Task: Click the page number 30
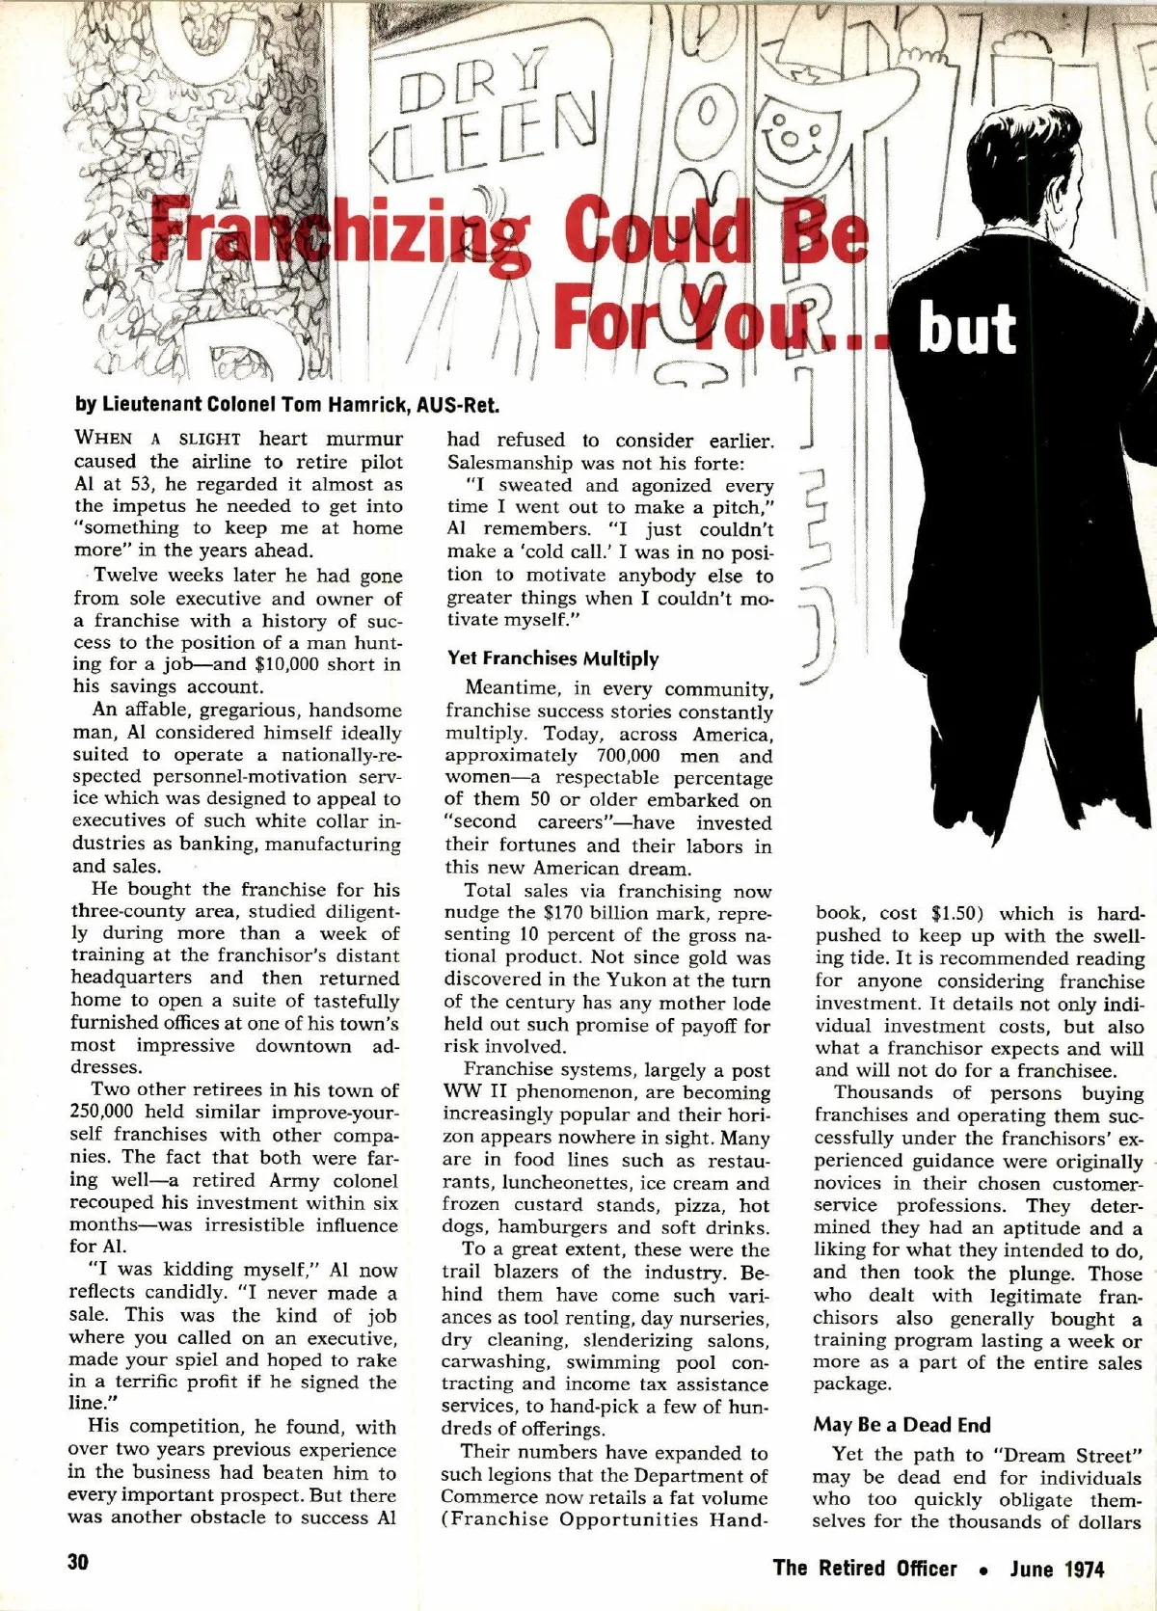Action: pyautogui.click(x=78, y=1563)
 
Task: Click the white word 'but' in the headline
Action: pyautogui.click(x=967, y=329)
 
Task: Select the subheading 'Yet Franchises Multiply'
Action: pyautogui.click(x=552, y=658)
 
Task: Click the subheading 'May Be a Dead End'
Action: pyautogui.click(x=901, y=1424)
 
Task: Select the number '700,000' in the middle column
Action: pyautogui.click(x=619, y=756)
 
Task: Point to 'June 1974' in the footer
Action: pyautogui.click(x=1057, y=1568)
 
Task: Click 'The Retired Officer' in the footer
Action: pyautogui.click(x=865, y=1568)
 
